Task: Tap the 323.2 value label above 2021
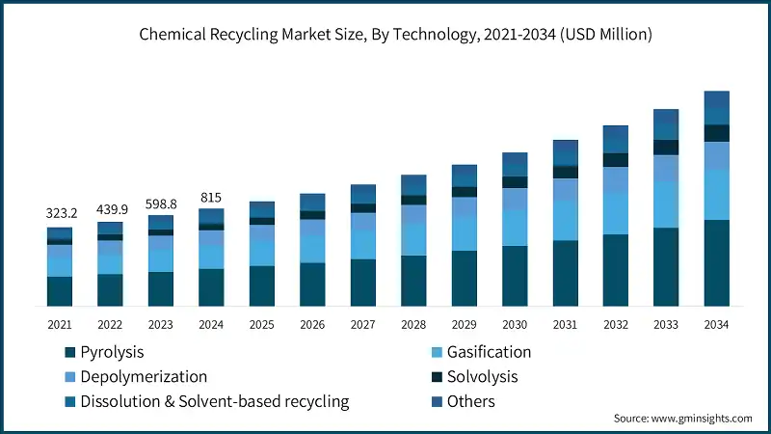[x=60, y=211]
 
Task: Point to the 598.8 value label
[x=161, y=204]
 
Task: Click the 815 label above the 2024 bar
[x=211, y=198]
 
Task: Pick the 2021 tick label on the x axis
[x=60, y=325]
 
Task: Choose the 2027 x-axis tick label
[x=362, y=325]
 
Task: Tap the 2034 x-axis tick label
[x=716, y=325]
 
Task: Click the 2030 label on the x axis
[x=515, y=325]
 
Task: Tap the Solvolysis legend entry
[x=481, y=376]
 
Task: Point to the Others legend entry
[x=470, y=400]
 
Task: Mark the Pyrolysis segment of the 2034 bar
[x=716, y=262]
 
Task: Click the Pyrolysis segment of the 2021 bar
[x=60, y=291]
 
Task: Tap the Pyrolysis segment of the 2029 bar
[x=465, y=279]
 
